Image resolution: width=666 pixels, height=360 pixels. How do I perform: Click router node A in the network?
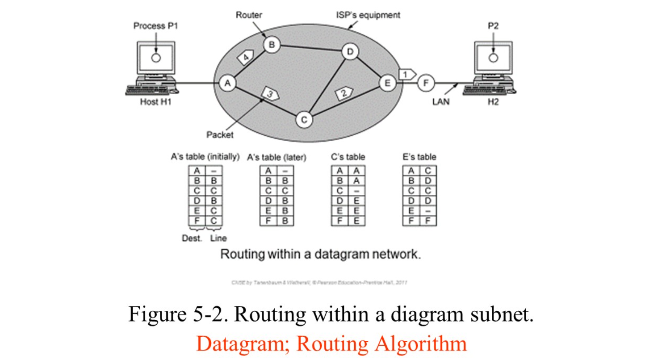[227, 83]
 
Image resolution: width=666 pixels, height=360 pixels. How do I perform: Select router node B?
[271, 44]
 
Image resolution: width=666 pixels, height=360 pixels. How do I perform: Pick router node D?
[350, 52]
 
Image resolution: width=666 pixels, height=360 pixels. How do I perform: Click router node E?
[387, 83]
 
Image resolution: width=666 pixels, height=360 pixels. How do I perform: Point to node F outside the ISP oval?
[425, 83]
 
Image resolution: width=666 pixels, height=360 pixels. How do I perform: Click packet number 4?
[245, 57]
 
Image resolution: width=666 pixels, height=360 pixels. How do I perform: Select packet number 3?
[270, 94]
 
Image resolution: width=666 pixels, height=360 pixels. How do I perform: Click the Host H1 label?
[155, 102]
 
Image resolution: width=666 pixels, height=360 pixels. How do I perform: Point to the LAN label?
[441, 101]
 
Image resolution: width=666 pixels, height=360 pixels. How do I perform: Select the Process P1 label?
[155, 26]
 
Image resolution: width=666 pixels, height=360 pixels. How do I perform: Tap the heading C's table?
[348, 157]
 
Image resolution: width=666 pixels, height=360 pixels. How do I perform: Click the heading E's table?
[419, 157]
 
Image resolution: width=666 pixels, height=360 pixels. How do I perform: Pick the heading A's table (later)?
[276, 158]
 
